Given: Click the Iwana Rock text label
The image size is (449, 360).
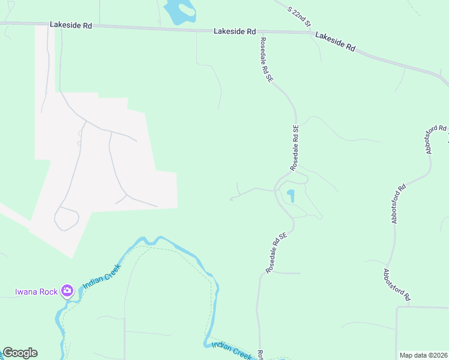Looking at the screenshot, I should (37, 292).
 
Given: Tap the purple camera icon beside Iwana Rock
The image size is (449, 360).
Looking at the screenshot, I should (67, 292).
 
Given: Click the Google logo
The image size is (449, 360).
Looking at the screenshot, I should (20, 353).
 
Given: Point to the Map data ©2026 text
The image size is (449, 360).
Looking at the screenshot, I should (423, 355).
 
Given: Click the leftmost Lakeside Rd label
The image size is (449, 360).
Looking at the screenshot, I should (71, 26).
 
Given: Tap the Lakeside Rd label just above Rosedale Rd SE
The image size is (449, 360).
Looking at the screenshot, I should (235, 31).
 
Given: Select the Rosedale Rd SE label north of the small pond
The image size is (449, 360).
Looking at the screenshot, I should (294, 147).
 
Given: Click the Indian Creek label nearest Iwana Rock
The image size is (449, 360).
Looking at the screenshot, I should (102, 275).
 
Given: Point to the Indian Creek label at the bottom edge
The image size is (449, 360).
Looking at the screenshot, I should (231, 351).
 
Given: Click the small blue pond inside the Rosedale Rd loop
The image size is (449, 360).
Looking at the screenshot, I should (291, 196).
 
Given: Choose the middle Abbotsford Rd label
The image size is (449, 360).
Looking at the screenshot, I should (398, 204).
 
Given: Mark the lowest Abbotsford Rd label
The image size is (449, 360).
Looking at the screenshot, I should (397, 284).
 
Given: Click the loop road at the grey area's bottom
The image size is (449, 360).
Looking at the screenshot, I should (66, 218).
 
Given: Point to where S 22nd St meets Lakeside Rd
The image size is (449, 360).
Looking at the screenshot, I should (312, 32).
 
